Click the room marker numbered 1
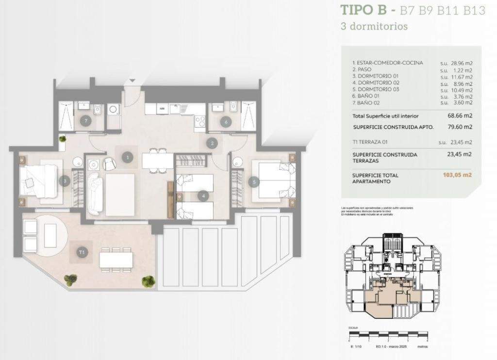(128, 157)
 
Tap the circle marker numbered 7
(85, 121)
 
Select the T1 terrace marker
(82, 252)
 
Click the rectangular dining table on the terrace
(116, 260)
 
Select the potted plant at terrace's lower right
(149, 281)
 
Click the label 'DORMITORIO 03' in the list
(379, 89)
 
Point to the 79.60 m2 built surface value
(460, 127)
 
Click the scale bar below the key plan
(388, 334)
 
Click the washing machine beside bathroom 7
(114, 110)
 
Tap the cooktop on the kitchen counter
(199, 121)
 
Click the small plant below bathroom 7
(63, 140)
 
